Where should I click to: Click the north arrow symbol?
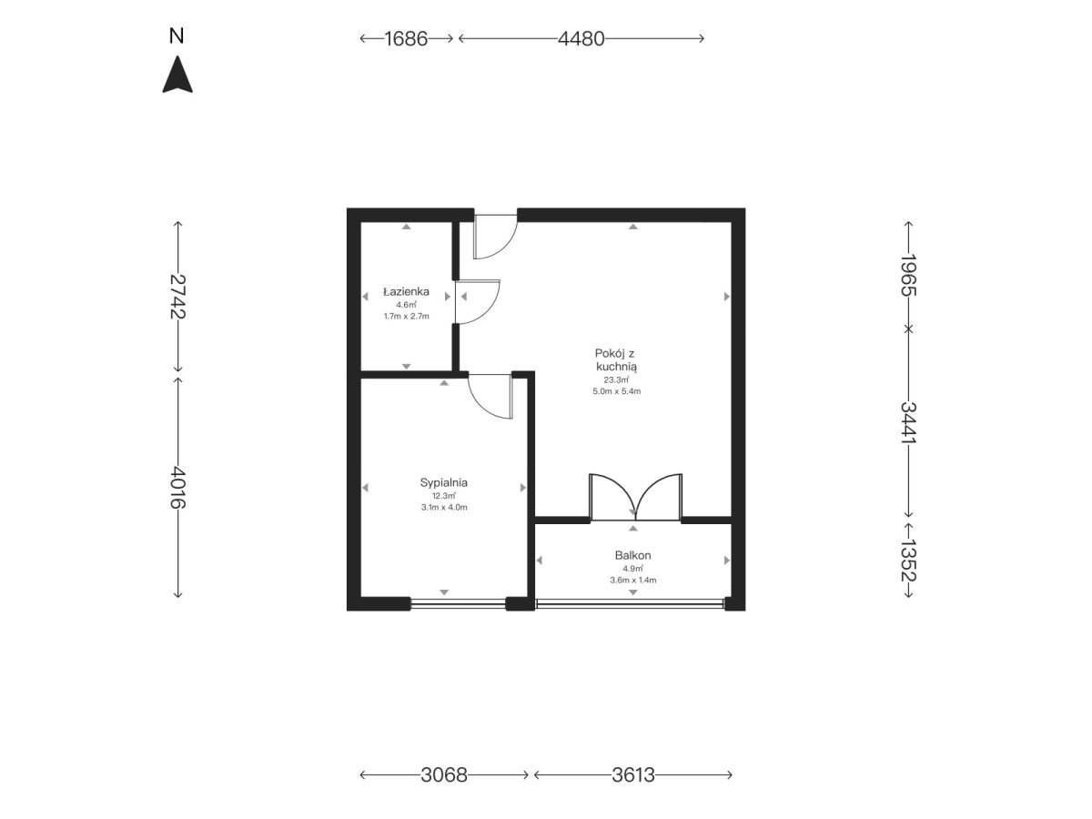click(x=177, y=76)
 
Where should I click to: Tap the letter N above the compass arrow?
click(x=177, y=35)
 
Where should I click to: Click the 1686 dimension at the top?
click(x=406, y=39)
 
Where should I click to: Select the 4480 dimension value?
click(x=581, y=39)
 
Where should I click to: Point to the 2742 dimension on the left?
click(x=177, y=297)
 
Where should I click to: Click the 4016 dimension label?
click(x=177, y=488)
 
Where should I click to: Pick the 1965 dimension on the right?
click(x=908, y=275)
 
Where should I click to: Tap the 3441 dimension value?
click(x=908, y=421)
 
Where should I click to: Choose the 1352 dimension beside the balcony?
click(x=908, y=560)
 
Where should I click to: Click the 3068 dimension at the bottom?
click(x=444, y=774)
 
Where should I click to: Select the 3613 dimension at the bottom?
click(x=632, y=774)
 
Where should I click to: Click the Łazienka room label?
click(x=406, y=291)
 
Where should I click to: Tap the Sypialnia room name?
click(x=444, y=482)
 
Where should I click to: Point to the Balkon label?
click(x=632, y=555)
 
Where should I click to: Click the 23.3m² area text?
click(x=616, y=379)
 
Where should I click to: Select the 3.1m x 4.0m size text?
click(x=444, y=507)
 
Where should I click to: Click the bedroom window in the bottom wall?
click(x=459, y=603)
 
